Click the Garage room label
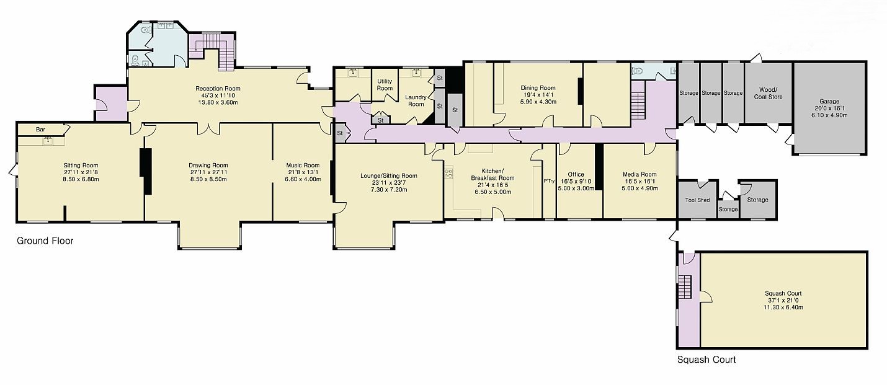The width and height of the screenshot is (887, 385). pyautogui.click(x=829, y=101)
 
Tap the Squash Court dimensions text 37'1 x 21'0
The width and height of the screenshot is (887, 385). pyautogui.click(x=783, y=300)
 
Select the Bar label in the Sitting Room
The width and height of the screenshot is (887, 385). pyautogui.click(x=40, y=130)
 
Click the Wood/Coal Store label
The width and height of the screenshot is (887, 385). pyautogui.click(x=768, y=94)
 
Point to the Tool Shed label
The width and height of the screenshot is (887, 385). pyautogui.click(x=697, y=200)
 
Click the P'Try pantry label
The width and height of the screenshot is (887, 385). pyautogui.click(x=549, y=181)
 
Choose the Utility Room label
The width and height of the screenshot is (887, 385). pyautogui.click(x=385, y=85)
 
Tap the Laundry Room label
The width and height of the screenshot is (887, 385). pyautogui.click(x=416, y=100)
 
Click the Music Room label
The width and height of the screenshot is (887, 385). pyautogui.click(x=303, y=166)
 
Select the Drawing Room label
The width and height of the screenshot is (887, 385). pyautogui.click(x=208, y=166)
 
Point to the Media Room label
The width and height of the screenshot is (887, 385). pyautogui.click(x=640, y=174)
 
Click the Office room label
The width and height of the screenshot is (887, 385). pyautogui.click(x=576, y=174)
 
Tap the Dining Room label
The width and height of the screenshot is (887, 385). pyautogui.click(x=538, y=88)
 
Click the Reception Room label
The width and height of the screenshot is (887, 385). pyautogui.click(x=218, y=89)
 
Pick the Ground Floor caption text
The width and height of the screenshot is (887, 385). pyautogui.click(x=45, y=241)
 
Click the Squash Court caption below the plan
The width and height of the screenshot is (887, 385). pyautogui.click(x=706, y=360)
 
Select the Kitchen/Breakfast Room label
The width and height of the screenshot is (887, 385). pyautogui.click(x=493, y=174)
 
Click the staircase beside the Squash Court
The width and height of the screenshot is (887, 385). pyautogui.click(x=685, y=287)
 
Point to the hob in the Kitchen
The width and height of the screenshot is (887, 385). pyautogui.click(x=449, y=173)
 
